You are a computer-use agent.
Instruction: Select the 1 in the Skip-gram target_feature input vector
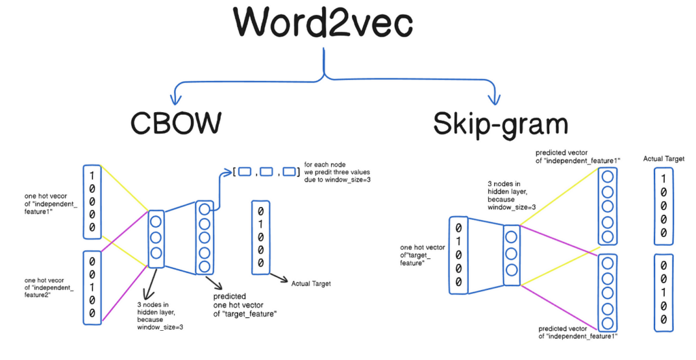(x=459, y=240)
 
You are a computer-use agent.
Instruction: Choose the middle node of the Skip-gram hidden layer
(x=511, y=254)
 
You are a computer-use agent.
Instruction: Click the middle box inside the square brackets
(x=266, y=172)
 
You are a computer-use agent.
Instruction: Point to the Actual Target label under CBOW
(x=311, y=283)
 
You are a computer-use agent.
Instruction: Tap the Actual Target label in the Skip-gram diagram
(x=663, y=159)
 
